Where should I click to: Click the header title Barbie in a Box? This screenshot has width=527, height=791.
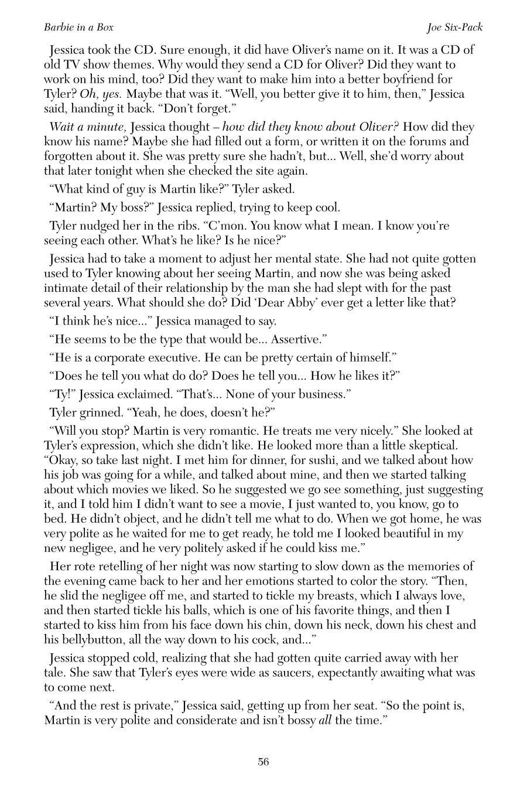coord(78,28)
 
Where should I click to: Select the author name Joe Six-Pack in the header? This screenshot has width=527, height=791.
coord(455,28)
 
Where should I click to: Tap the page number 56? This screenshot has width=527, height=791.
coord(263,762)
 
